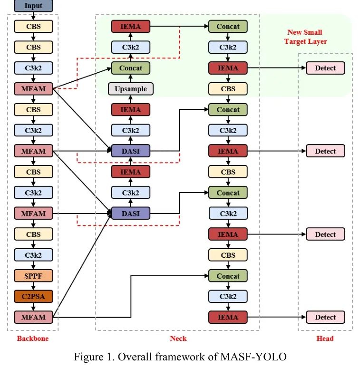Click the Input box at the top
[33, 6]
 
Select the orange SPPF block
[33, 276]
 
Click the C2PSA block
[33, 296]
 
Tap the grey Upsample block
[131, 89]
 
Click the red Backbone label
[33, 339]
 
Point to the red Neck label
[178, 339]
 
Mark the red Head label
[325, 339]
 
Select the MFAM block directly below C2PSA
[33, 317]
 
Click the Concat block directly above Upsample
[131, 68]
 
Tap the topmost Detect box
[325, 68]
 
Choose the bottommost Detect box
[325, 317]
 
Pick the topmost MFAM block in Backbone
[33, 89]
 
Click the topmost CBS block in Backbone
[33, 27]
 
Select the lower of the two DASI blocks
[131, 213]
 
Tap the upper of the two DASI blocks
[131, 151]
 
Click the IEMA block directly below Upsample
[131, 110]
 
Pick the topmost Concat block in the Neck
[228, 27]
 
